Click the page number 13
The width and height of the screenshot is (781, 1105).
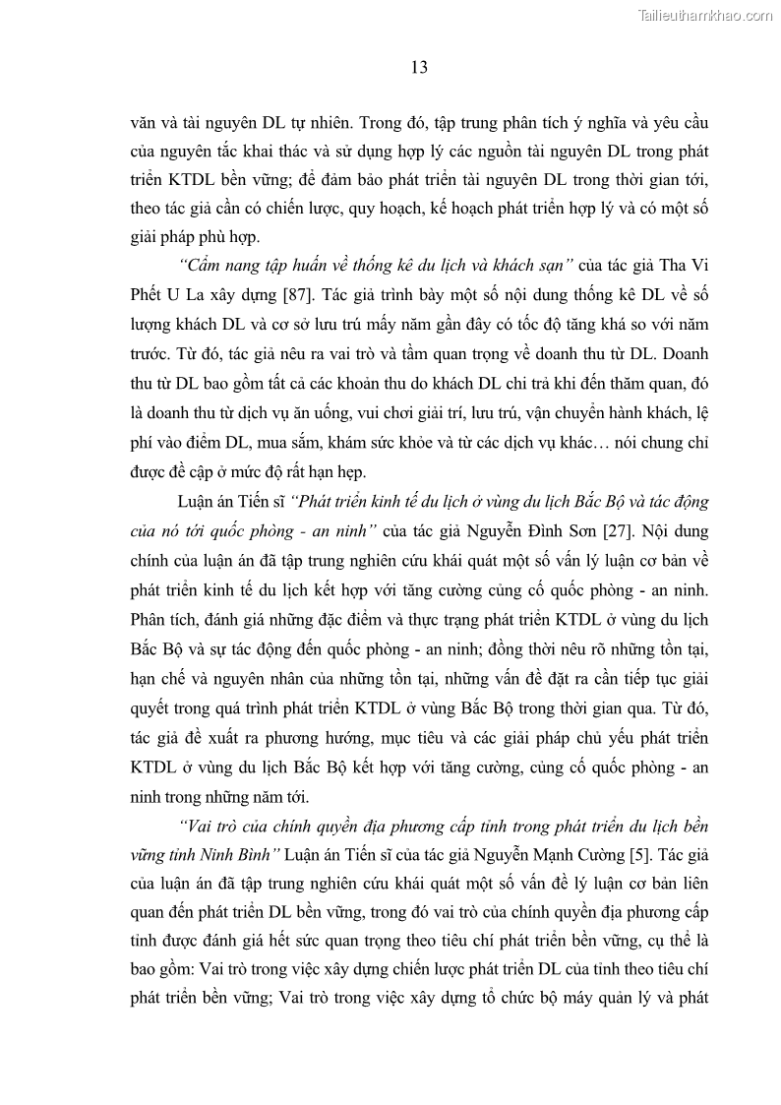[x=418, y=68]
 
